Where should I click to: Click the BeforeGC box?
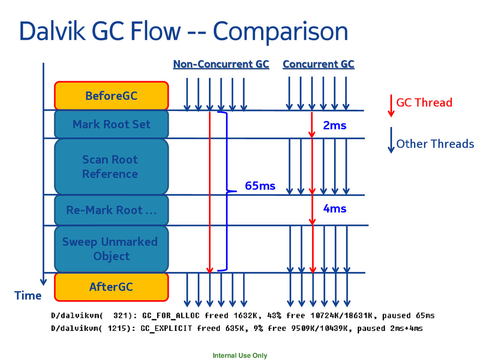[x=111, y=96]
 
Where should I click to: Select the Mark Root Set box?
[x=111, y=124]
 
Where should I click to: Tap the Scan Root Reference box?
[x=111, y=166]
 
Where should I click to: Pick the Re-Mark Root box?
[x=111, y=210]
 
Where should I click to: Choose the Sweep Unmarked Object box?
[x=111, y=249]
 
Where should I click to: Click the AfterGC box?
[x=111, y=286]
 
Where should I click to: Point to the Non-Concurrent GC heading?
[x=221, y=64]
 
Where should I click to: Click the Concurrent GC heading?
[x=318, y=64]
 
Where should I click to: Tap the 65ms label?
[x=260, y=186]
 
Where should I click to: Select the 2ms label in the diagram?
[x=334, y=125]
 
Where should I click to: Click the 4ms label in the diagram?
[x=334, y=208]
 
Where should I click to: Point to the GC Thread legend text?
[x=424, y=103]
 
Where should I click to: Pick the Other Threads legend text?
[x=435, y=144]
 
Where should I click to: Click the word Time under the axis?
[x=28, y=296]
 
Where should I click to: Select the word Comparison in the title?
[x=280, y=32]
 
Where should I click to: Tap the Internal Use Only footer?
[x=240, y=355]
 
